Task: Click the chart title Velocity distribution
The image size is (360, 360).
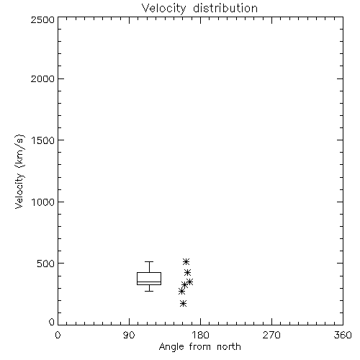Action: click(199, 8)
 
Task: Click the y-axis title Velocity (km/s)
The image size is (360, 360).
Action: click(19, 171)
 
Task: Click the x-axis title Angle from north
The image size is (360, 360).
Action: click(199, 347)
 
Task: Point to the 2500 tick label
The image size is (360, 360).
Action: click(42, 19)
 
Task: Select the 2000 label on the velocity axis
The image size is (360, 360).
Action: click(42, 78)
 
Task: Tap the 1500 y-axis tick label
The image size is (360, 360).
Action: click(43, 140)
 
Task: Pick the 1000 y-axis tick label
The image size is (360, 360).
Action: click(43, 202)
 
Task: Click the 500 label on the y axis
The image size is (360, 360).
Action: click(46, 264)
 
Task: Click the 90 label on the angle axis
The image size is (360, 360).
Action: click(129, 335)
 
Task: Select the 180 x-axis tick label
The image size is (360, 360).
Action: click(200, 335)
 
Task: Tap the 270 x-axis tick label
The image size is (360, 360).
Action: click(271, 335)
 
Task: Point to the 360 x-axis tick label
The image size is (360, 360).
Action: click(343, 335)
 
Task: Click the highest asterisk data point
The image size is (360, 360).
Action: click(186, 261)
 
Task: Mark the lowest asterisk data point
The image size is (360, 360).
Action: click(183, 304)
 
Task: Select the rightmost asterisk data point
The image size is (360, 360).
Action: click(189, 282)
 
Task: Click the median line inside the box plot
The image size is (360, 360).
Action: click(149, 282)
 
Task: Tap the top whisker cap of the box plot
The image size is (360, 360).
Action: click(149, 261)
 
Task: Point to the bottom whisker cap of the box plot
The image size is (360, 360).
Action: click(149, 291)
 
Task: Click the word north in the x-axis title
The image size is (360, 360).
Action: click(229, 347)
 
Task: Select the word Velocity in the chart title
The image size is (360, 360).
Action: click(163, 9)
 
